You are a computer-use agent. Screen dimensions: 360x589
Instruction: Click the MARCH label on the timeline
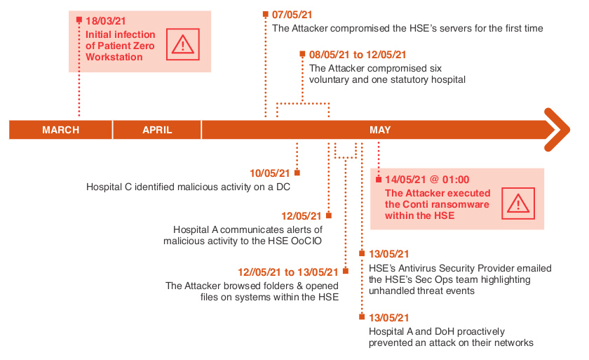(60, 130)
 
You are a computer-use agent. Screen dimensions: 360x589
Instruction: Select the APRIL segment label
(157, 130)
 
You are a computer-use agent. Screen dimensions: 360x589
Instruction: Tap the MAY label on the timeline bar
(380, 130)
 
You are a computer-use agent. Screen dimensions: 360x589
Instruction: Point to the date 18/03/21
(107, 21)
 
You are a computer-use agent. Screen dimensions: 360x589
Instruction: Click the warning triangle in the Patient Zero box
(183, 44)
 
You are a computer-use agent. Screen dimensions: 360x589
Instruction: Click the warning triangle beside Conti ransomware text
(518, 204)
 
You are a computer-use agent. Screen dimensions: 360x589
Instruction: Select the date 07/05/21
(292, 14)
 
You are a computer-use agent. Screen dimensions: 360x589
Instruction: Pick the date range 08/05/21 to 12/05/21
(358, 54)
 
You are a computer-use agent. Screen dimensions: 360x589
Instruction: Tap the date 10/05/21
(270, 173)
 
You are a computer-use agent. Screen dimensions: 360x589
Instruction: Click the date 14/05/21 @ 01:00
(427, 180)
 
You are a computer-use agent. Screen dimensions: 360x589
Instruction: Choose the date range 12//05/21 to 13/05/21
(288, 272)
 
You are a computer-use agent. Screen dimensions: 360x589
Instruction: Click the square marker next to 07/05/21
(265, 14)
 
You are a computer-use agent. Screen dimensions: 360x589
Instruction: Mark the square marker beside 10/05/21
(297, 173)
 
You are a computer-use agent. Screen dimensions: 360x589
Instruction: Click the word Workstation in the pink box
(114, 57)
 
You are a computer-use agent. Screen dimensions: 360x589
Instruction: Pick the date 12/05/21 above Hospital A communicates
(302, 216)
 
